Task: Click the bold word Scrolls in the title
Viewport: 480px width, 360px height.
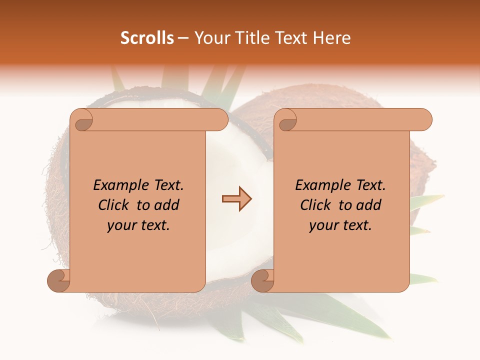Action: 147,38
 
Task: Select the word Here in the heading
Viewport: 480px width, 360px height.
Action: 332,38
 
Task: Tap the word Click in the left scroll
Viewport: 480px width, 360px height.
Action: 114,205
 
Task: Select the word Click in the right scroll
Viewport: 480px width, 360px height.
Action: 316,205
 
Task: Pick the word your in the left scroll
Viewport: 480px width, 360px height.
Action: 121,225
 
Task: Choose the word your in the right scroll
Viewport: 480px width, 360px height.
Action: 323,225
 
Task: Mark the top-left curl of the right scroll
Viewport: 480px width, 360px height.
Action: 287,120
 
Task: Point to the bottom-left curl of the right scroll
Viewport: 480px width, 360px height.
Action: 261,280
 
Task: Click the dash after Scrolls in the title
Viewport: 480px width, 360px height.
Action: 183,38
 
